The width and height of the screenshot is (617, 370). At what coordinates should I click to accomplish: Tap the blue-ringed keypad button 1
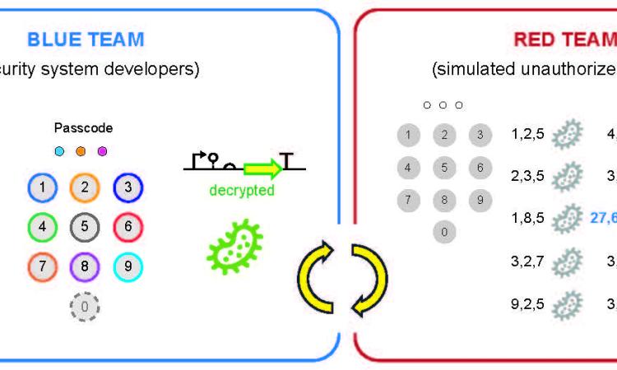coord(41,187)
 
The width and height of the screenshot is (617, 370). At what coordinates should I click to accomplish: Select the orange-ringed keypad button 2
coord(83,187)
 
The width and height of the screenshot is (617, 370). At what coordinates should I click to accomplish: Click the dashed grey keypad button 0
coord(83,307)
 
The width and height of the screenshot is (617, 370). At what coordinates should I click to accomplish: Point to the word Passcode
coord(83,128)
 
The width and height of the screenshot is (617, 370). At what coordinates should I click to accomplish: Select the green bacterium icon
coord(234,245)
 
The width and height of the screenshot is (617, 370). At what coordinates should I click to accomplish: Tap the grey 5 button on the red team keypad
coord(444,168)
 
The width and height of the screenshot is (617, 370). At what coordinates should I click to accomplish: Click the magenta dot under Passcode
coord(102,151)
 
